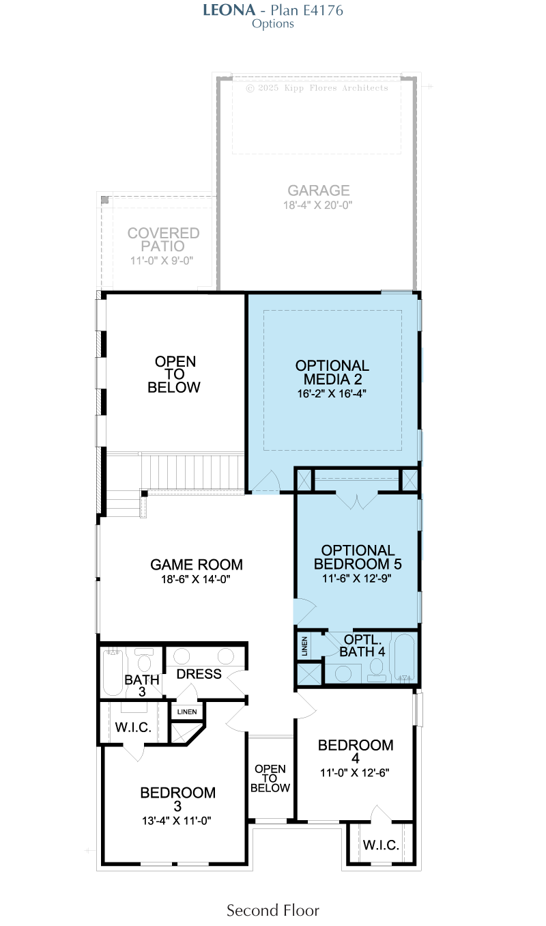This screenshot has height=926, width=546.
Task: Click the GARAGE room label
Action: coord(319,191)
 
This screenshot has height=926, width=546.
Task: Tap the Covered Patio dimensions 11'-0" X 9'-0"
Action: coord(162,260)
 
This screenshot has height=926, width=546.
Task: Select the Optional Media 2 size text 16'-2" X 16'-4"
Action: coord(332,393)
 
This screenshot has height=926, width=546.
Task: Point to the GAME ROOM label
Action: coord(197,564)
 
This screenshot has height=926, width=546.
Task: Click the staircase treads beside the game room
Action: coord(192,471)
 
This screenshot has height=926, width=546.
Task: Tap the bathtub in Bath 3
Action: coord(113,672)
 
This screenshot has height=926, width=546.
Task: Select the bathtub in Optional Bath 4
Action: coord(404,658)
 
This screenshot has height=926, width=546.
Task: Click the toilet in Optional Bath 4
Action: coord(376,670)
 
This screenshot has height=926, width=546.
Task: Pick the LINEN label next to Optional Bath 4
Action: coord(305,647)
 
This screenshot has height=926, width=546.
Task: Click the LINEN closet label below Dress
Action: coord(187,712)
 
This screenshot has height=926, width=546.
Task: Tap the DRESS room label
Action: coord(199,674)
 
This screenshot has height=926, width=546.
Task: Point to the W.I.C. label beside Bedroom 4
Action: coord(381,845)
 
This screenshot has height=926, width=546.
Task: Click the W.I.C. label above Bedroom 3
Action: coord(133,727)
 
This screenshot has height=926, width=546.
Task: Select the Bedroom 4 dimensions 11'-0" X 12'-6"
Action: coord(355,772)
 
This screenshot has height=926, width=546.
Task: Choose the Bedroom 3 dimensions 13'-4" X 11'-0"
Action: coord(177,820)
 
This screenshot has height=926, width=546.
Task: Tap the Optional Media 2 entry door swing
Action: coord(266,481)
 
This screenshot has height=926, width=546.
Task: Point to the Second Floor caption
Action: coord(273,911)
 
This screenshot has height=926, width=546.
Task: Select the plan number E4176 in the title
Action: coord(323,10)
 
